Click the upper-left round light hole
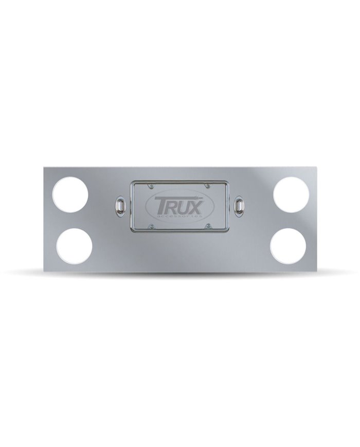point(70,194)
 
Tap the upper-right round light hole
point(291,194)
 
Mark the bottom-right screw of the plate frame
point(207,226)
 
